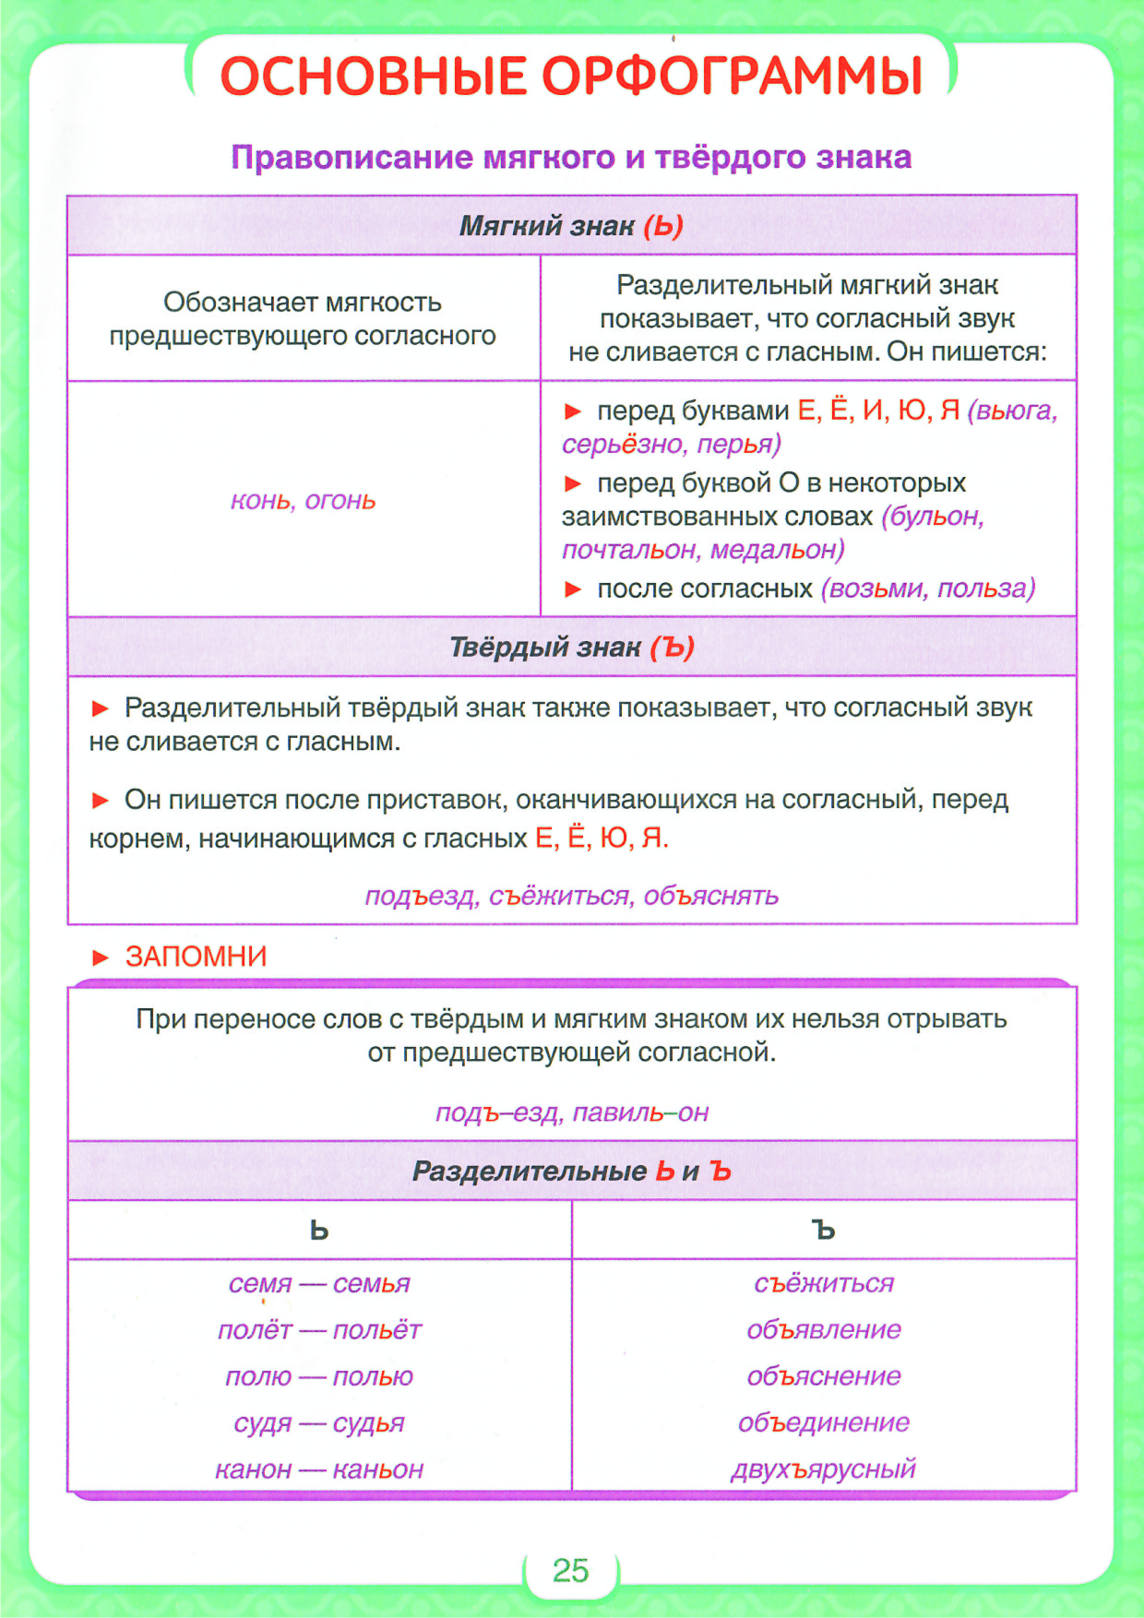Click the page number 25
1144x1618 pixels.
pyautogui.click(x=570, y=1569)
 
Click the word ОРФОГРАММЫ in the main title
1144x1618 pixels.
pyautogui.click(x=732, y=76)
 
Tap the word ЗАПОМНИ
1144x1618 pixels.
pyautogui.click(x=196, y=957)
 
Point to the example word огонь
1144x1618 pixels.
pyautogui.click(x=340, y=501)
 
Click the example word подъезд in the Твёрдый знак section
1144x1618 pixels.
pyautogui.click(x=421, y=896)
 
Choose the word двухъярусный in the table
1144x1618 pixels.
pyautogui.click(x=824, y=1469)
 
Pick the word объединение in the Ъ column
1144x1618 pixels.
pyautogui.click(x=824, y=1422)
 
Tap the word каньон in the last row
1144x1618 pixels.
pyautogui.click(x=377, y=1469)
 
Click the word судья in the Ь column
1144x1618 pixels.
pyautogui.click(x=368, y=1422)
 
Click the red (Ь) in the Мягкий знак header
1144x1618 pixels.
pyautogui.click(x=663, y=226)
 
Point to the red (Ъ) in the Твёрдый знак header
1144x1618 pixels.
pyautogui.click(x=672, y=648)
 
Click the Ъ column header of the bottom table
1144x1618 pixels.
pyautogui.click(x=824, y=1230)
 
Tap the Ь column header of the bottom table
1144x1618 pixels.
pyautogui.click(x=319, y=1230)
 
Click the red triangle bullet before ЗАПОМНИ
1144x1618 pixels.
pyautogui.click(x=101, y=958)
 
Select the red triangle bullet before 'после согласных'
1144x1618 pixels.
pyautogui.click(x=573, y=589)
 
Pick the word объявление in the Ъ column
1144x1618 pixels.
pyautogui.click(x=824, y=1329)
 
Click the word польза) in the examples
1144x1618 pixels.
pyautogui.click(x=986, y=589)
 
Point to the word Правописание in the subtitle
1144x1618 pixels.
pyautogui.click(x=352, y=158)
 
